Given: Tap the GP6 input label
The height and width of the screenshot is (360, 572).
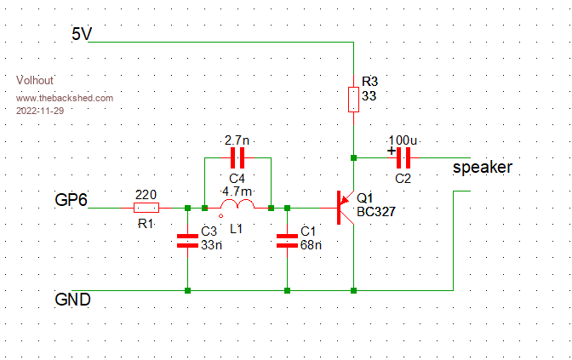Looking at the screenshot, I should click(72, 201).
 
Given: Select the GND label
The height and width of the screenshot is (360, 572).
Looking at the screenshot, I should click(73, 300).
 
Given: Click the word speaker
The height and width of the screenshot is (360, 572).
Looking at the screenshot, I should click(482, 168).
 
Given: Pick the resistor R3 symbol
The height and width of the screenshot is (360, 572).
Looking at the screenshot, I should click(353, 100).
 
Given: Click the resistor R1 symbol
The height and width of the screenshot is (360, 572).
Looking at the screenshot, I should click(146, 208).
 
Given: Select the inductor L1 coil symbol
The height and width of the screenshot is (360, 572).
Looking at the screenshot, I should click(237, 207).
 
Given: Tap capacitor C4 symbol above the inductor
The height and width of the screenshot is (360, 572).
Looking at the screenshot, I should click(237, 157).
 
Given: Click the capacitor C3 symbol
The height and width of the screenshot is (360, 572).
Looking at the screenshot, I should click(186, 240).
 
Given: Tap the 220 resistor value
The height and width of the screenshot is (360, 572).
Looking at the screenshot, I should click(146, 194).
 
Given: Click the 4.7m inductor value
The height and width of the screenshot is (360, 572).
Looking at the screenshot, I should click(236, 191).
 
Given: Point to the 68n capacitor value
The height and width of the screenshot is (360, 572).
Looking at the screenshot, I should click(310, 245).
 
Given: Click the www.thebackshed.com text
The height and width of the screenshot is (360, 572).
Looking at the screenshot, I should click(65, 99).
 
